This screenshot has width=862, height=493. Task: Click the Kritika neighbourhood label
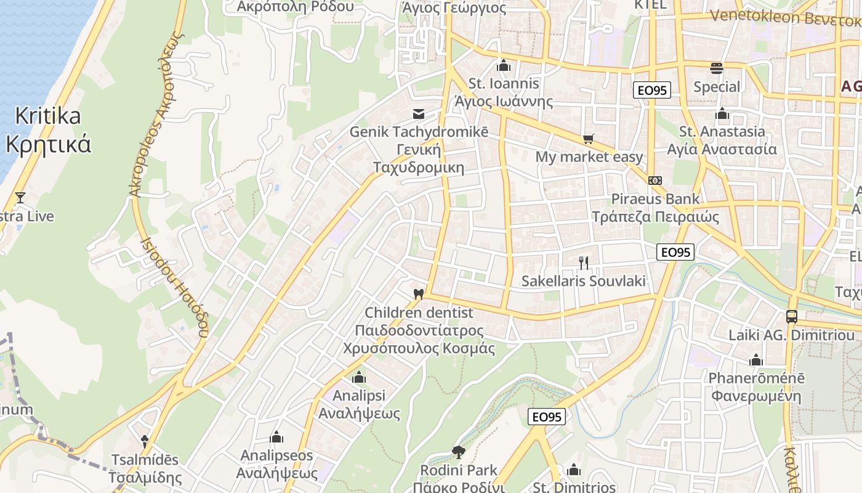pyautogui.click(x=48, y=116)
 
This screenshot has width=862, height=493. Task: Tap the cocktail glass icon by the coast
pyautogui.click(x=20, y=198)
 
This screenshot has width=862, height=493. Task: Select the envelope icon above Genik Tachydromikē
pyautogui.click(x=419, y=114)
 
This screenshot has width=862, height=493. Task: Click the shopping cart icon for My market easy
pyautogui.click(x=589, y=139)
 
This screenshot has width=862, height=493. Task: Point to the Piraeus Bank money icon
pyautogui.click(x=655, y=181)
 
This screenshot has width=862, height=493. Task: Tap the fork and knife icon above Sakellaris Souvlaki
pyautogui.click(x=584, y=263)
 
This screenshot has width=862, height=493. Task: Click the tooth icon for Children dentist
pyautogui.click(x=419, y=295)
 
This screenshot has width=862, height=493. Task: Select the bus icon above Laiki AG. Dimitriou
pyautogui.click(x=792, y=317)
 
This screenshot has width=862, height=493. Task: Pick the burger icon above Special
pyautogui.click(x=716, y=68)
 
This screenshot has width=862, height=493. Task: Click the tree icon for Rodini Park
pyautogui.click(x=458, y=452)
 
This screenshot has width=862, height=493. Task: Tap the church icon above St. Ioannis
pyautogui.click(x=504, y=65)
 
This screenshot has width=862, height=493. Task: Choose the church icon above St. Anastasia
pyautogui.click(x=722, y=113)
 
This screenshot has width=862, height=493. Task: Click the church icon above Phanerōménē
pyautogui.click(x=756, y=360)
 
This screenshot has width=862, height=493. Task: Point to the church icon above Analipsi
pyautogui.click(x=359, y=377)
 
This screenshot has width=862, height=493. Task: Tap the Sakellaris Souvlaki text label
pyautogui.click(x=584, y=282)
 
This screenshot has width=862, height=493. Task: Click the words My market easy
pyautogui.click(x=589, y=157)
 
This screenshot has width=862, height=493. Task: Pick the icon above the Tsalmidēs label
pyautogui.click(x=145, y=441)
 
